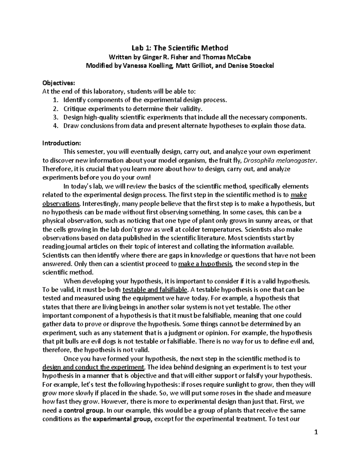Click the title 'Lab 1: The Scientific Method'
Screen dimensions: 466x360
(180, 48)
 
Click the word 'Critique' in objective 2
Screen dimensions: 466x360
(74, 109)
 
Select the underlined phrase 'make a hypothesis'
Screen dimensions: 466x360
(205, 264)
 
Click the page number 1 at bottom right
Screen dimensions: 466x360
(316, 441)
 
